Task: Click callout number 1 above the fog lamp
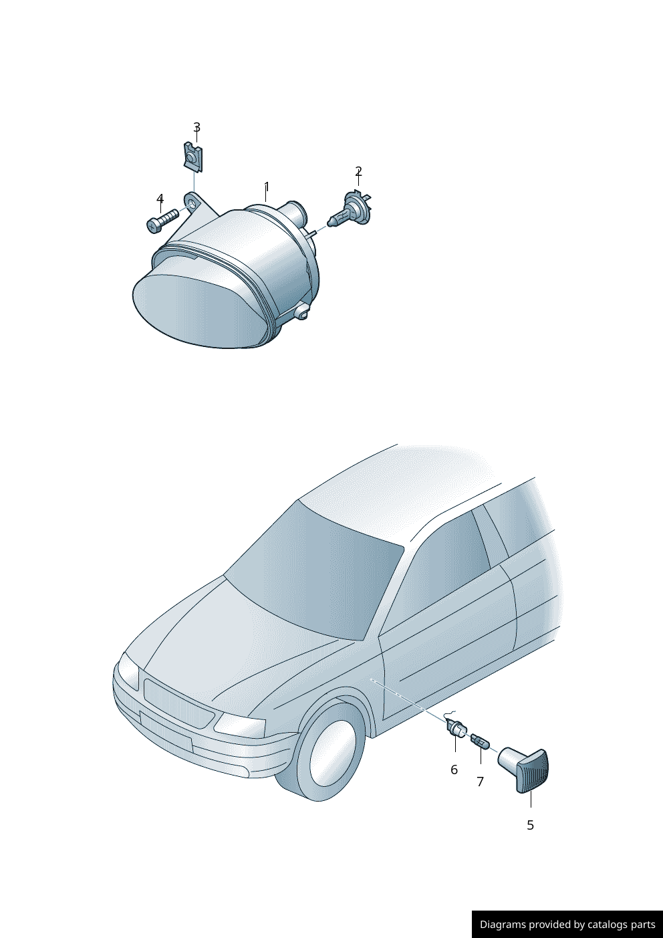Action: [x=267, y=187]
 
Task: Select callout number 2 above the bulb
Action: [x=358, y=171]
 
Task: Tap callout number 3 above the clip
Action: [x=196, y=127]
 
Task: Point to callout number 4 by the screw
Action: [x=160, y=199]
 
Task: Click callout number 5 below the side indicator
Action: [x=530, y=825]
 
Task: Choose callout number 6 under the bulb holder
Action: [x=454, y=770]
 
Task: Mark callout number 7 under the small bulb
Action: [x=480, y=781]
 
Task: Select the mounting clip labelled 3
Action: [x=192, y=157]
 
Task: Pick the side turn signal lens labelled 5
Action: [x=525, y=770]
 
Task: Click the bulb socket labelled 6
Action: [x=456, y=728]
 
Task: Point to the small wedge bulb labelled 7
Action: [x=479, y=741]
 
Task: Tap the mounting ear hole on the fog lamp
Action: [x=193, y=201]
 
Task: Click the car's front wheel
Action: [x=331, y=752]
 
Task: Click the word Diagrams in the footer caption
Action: [x=502, y=925]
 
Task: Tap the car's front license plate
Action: [x=165, y=731]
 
